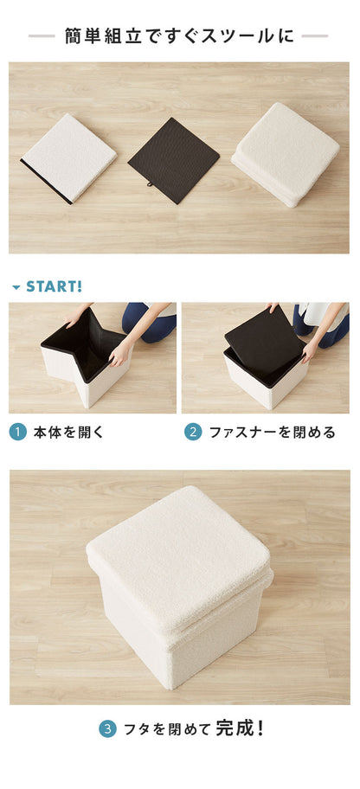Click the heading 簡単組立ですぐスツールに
[179, 36]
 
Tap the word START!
[55, 286]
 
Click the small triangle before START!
[16, 287]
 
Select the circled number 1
[17, 432]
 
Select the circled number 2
[193, 432]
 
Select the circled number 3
[107, 729]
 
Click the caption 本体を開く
[68, 432]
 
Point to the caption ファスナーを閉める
[272, 432]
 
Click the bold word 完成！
[240, 728]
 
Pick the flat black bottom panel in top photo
[175, 159]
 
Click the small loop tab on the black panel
[150, 184]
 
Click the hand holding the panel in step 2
[310, 350]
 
